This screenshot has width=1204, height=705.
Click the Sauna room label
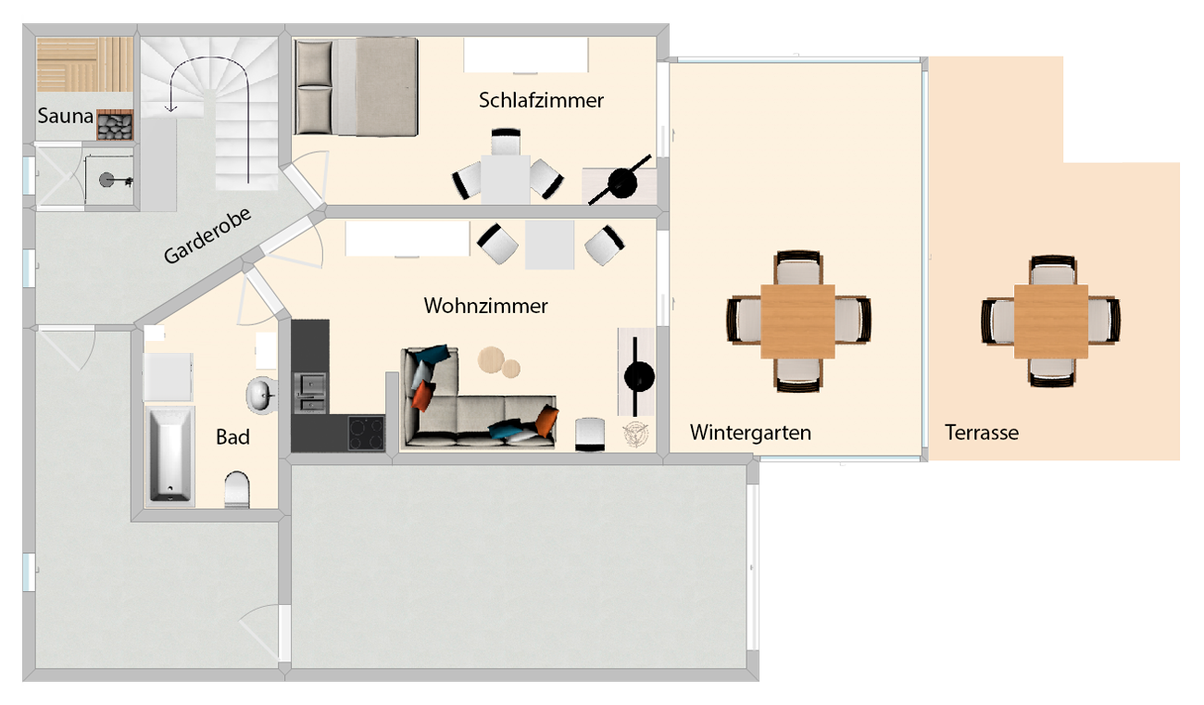(x=66, y=117)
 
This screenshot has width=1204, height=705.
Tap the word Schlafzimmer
(x=541, y=100)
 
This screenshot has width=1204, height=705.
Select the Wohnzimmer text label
(x=485, y=305)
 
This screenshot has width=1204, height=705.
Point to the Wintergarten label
(x=750, y=432)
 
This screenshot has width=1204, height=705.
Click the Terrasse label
(x=982, y=432)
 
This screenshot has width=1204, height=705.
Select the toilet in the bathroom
(x=237, y=490)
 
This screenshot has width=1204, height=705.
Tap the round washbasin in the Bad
(x=260, y=396)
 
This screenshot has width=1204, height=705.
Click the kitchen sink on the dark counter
(x=309, y=391)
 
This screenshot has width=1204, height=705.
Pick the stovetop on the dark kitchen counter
(x=366, y=433)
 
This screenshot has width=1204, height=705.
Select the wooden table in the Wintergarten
(x=797, y=321)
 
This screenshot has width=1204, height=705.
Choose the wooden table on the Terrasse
(x=1051, y=321)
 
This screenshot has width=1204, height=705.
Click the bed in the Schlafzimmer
(x=357, y=86)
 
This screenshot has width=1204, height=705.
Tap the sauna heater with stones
(x=117, y=127)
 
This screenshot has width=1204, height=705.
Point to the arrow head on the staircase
(x=170, y=108)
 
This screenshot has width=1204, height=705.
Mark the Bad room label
(x=232, y=436)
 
